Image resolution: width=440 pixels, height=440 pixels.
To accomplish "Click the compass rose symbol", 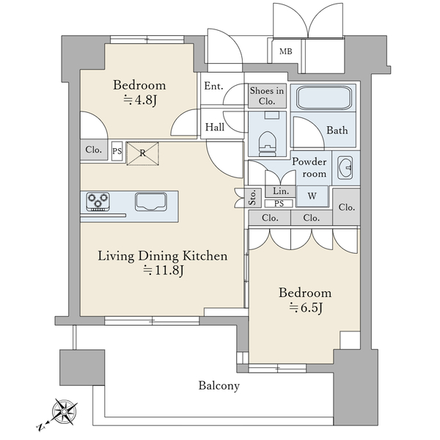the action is [64, 411].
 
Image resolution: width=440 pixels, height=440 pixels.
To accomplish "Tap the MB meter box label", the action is [286, 51].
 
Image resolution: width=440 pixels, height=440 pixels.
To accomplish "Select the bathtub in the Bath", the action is [324, 98].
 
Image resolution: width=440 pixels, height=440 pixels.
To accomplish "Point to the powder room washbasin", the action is [345, 168].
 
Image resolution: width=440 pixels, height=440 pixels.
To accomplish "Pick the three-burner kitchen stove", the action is [98, 202].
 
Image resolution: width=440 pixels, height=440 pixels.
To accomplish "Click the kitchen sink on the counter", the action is [150, 202].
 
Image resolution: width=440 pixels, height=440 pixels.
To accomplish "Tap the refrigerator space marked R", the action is [143, 153].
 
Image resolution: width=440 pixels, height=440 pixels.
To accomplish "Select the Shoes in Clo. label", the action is [267, 96].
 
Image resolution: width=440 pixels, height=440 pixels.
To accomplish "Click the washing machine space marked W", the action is [312, 196].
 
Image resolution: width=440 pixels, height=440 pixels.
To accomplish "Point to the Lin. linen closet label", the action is [281, 191].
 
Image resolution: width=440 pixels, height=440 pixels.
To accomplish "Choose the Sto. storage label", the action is [253, 198].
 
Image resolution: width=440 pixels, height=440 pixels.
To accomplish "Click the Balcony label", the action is [219, 386].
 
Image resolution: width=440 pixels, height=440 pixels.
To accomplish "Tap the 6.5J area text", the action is [306, 308].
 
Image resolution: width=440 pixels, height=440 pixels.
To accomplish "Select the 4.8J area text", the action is [140, 100].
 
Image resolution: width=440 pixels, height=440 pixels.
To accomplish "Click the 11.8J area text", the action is [164, 270].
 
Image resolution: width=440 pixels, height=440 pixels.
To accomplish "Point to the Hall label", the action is [215, 127].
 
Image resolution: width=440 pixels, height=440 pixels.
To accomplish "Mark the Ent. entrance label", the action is [213, 86].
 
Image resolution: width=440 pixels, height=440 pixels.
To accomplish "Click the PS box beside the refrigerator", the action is [117, 151].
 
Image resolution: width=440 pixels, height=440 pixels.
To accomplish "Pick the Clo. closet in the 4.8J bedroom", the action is [94, 150].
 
